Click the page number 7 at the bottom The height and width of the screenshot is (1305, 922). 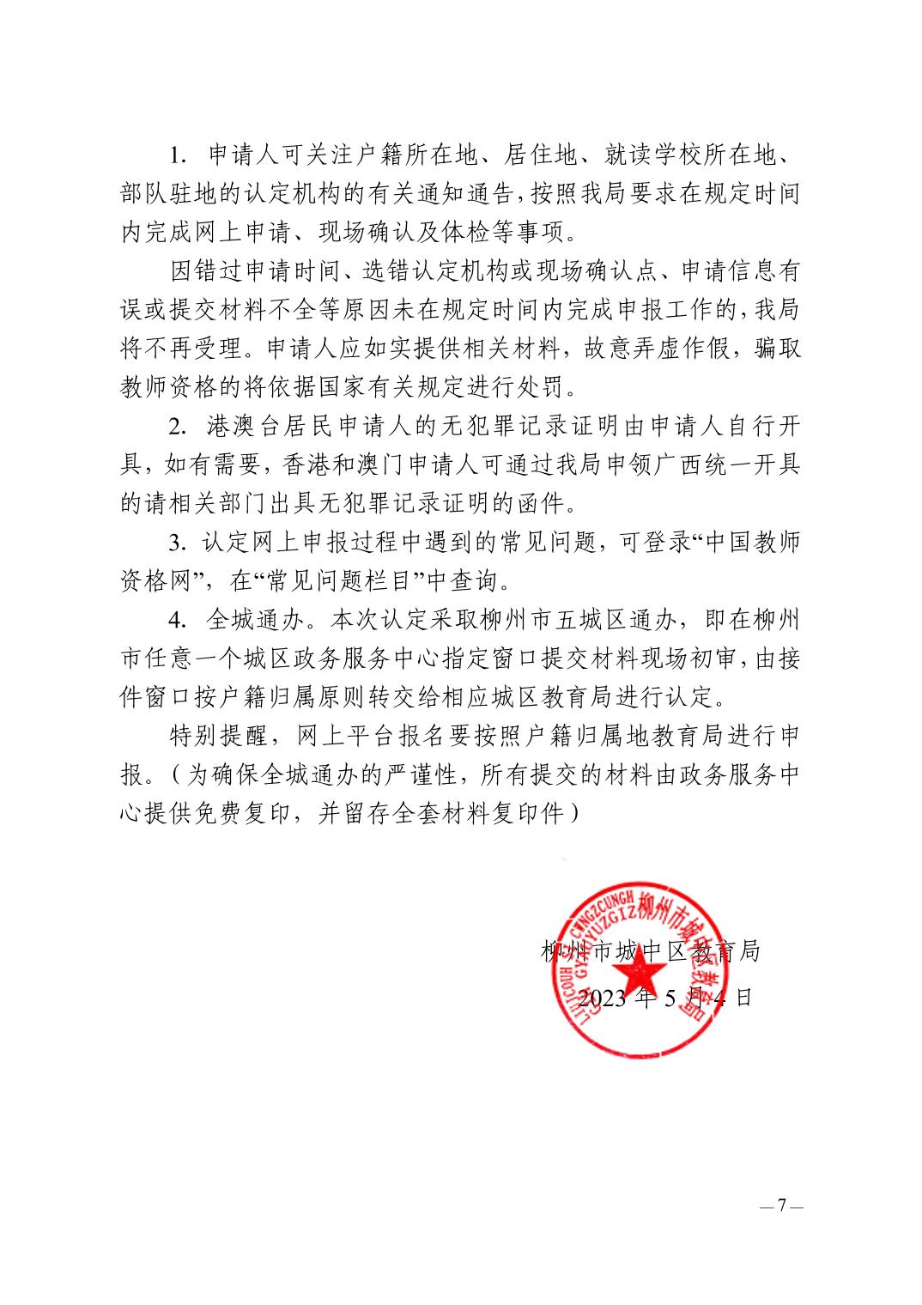tap(781, 1206)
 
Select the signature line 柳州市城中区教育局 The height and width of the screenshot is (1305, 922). tap(650, 950)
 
